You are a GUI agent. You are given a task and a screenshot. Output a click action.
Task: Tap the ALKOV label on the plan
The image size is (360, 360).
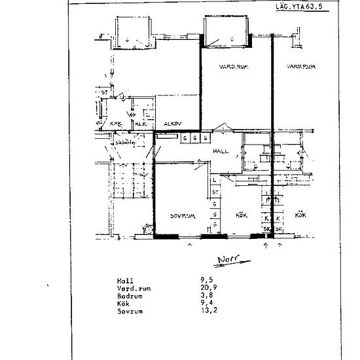point(173,122)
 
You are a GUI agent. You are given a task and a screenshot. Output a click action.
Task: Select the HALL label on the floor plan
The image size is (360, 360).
point(219,152)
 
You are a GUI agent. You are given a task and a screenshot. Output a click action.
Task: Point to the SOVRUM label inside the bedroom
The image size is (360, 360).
point(179,215)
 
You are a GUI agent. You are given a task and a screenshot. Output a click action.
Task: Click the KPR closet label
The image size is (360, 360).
point(115,122)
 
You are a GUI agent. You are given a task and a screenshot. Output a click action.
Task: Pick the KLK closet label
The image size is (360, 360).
point(140,122)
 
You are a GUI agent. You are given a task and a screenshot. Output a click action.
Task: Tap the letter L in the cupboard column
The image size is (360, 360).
point(214,180)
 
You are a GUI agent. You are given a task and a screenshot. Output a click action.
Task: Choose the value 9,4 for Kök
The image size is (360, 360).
point(207,303)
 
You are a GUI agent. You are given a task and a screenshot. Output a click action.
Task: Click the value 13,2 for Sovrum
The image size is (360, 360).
point(209,311)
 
